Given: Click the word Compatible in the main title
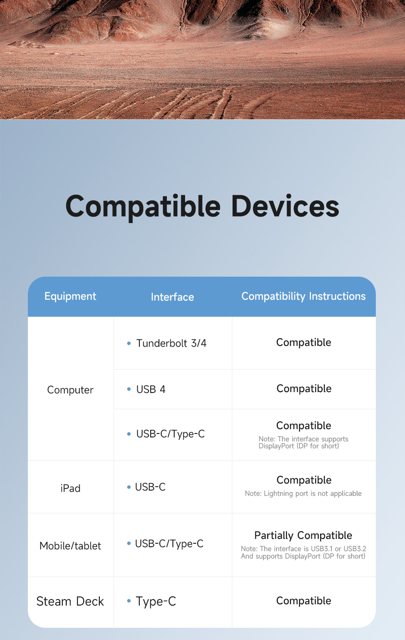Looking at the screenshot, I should pos(143,207).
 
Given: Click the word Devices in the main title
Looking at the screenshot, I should pos(285,207).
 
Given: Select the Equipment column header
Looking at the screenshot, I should pos(70,296).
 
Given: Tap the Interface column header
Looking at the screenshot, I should pos(172,297).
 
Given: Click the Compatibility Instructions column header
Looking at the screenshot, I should pos(304,296).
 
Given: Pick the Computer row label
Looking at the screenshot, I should pos(70,390).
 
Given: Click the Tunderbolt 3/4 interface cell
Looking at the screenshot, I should pos(171,343).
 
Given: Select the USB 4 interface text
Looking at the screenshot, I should pos(151,389).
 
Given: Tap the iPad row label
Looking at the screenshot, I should pos(70,488).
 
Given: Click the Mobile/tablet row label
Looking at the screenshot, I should pos(70,546).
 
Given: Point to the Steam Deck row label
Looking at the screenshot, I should pos(70,602).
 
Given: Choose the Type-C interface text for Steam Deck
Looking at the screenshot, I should pos(156,602).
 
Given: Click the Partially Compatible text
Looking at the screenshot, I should pos(303,535).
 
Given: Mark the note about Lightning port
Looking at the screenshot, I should pos(303,494).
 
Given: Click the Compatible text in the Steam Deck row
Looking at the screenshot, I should pos(304,601).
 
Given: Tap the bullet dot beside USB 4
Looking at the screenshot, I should pos(129,389).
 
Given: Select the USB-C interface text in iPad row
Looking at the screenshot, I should pos(150,487).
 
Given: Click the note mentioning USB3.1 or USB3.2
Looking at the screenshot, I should pos(303,552).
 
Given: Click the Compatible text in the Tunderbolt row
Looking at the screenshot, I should pos(304,342).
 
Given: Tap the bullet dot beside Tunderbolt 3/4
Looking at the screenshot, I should pos(129,343).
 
